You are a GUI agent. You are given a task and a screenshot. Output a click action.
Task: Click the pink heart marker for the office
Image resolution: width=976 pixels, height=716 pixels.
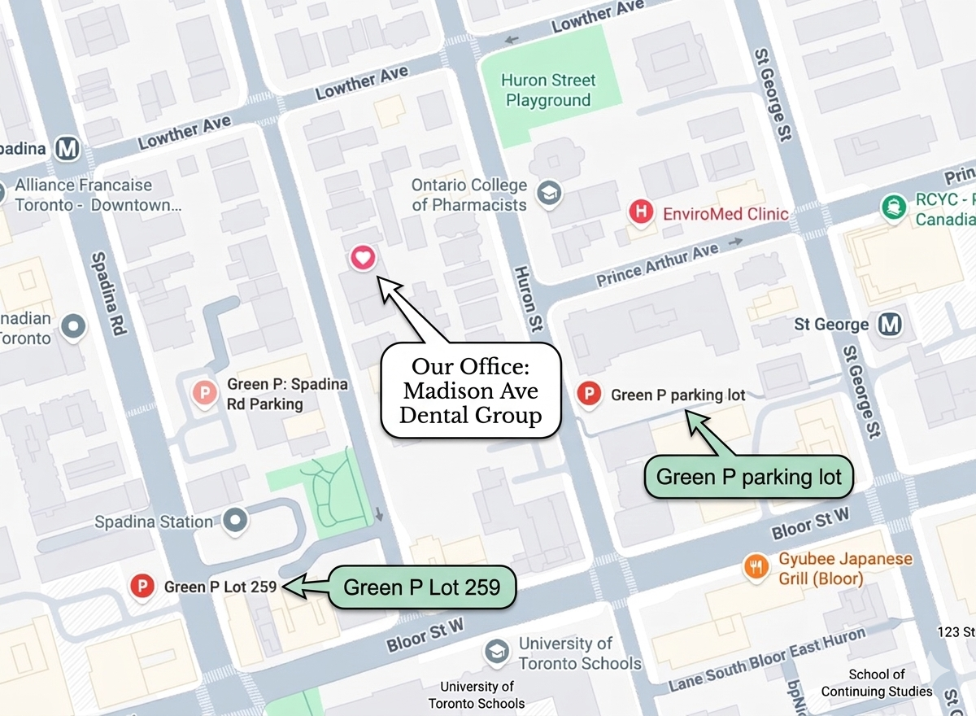pos(363,258)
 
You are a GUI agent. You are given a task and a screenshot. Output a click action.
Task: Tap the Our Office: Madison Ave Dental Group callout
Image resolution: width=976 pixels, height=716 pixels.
pos(471,391)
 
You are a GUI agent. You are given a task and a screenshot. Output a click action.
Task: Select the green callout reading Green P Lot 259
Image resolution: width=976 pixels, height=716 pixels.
pos(421,587)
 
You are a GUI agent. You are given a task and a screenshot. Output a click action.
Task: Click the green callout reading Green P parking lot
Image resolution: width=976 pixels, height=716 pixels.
pos(748,476)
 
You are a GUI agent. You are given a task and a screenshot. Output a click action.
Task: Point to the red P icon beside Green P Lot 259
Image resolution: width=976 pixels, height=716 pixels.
pos(144,585)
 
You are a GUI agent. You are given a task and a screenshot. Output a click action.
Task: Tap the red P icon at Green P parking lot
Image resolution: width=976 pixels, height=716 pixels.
pos(588,395)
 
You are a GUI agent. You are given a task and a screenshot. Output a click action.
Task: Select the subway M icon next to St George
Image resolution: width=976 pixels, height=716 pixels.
pos(891,325)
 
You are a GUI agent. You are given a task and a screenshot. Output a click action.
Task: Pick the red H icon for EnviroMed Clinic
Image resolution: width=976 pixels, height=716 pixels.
pos(642,213)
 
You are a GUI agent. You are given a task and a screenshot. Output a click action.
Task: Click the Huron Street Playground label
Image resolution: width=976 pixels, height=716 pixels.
pos(548,90)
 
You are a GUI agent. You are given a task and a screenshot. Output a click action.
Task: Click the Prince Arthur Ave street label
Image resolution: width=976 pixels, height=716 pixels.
pos(657,265)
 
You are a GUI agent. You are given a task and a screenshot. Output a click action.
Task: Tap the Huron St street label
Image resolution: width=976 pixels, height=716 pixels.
pos(527,299)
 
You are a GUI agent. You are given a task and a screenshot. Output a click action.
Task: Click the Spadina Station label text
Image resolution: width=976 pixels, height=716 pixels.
pos(154,522)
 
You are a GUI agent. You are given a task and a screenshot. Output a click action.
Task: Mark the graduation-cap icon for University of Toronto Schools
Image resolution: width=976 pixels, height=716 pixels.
pos(496,652)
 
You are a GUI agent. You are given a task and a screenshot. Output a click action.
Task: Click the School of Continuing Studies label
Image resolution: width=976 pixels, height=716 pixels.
pos(876,683)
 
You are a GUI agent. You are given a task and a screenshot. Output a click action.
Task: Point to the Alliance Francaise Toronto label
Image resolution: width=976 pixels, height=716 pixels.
pos(89,195)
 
